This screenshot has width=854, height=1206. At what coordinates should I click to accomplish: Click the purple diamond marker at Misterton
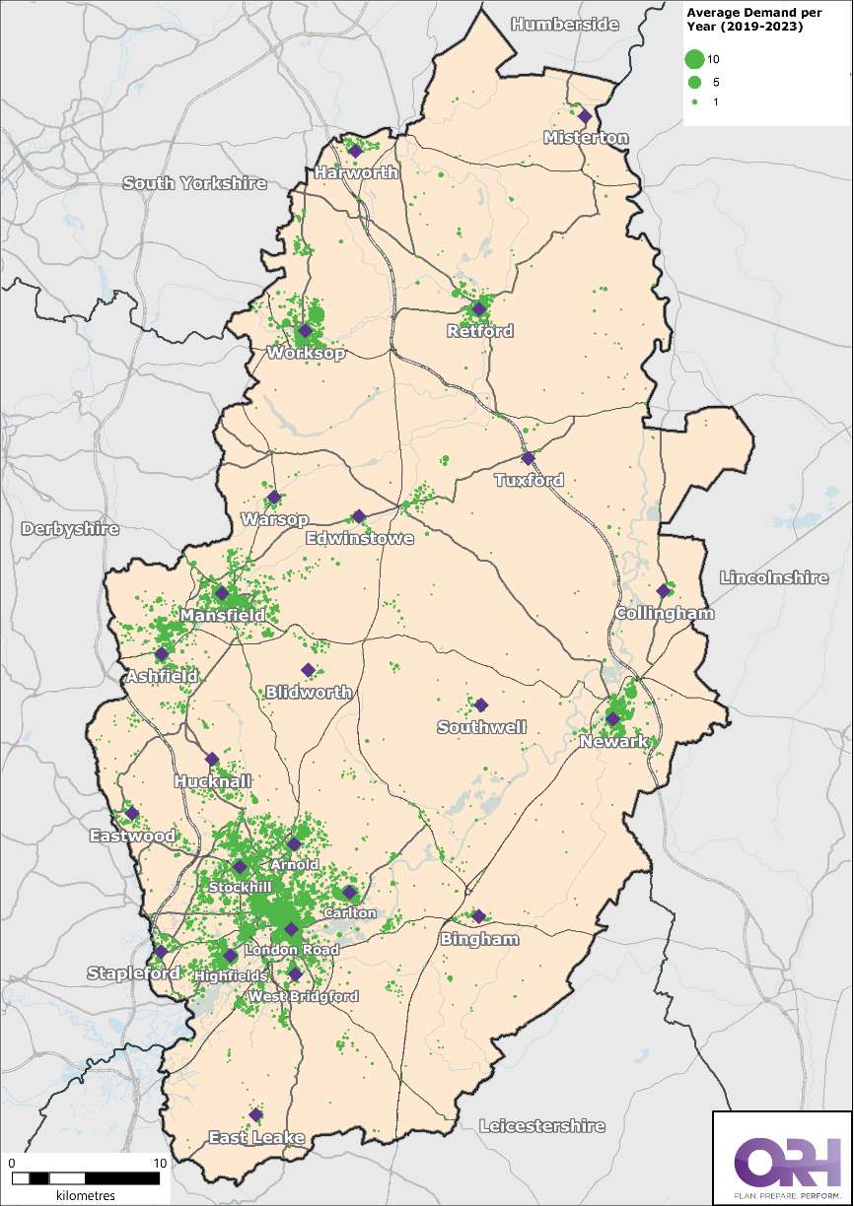(x=584, y=115)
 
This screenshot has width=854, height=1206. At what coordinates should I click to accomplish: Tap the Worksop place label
(x=306, y=354)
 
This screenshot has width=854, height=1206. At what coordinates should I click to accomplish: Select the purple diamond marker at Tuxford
(x=528, y=458)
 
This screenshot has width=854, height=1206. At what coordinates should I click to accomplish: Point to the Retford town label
(x=480, y=331)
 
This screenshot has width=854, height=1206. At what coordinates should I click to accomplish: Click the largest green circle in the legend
(x=694, y=60)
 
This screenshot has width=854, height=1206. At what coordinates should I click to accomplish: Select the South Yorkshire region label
(x=194, y=183)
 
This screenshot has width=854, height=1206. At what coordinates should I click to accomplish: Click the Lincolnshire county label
(x=774, y=578)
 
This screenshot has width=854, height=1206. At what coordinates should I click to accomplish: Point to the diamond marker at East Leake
(x=255, y=1114)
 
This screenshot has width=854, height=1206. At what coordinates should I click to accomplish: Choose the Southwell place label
(x=482, y=727)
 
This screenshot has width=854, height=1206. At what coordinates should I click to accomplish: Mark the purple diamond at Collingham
(x=663, y=591)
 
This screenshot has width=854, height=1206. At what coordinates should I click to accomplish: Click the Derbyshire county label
(x=70, y=529)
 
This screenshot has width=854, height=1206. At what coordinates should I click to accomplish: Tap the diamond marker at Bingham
(x=478, y=916)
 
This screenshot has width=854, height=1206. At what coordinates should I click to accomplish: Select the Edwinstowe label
(x=359, y=539)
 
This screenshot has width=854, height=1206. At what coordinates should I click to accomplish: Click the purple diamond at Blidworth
(x=308, y=670)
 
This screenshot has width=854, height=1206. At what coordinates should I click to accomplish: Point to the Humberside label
(x=565, y=24)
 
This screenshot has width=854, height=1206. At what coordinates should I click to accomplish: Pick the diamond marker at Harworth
(x=355, y=151)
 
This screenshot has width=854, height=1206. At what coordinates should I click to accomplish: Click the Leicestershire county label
(x=541, y=1125)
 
